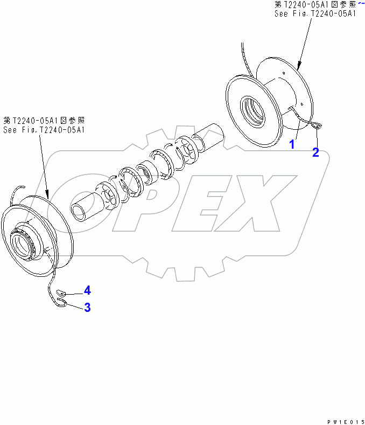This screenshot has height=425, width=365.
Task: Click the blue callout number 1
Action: tap(292, 144)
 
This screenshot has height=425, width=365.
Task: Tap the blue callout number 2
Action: tap(315, 152)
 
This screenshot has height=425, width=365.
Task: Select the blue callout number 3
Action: tap(87, 308)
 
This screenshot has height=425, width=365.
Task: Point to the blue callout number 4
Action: tap(87, 290)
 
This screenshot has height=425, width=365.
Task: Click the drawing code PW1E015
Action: tap(346, 422)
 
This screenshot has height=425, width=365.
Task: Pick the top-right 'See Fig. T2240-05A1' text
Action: tap(315, 13)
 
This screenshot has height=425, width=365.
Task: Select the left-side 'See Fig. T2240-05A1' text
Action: tap(44, 130)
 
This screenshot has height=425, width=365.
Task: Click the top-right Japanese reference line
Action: tap(315, 5)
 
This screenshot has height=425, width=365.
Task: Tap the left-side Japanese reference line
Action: tap(44, 121)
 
